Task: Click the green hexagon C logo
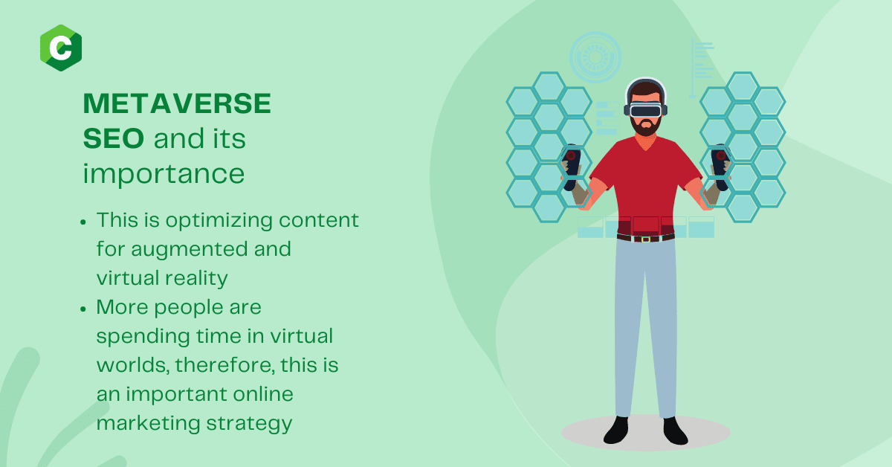[x=61, y=48]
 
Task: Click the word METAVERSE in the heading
[x=177, y=103]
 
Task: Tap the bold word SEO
[x=114, y=138]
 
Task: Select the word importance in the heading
[x=164, y=175]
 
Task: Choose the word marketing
[x=148, y=424]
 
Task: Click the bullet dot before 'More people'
[x=83, y=309]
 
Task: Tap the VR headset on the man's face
[x=645, y=109]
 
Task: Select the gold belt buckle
[x=645, y=239]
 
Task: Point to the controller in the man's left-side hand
[x=572, y=167]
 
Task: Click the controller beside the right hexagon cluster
[x=721, y=167]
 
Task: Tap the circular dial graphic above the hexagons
[x=595, y=57]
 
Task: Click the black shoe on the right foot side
[x=675, y=431]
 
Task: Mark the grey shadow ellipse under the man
[x=645, y=433]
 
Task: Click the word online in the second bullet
[x=263, y=394]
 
